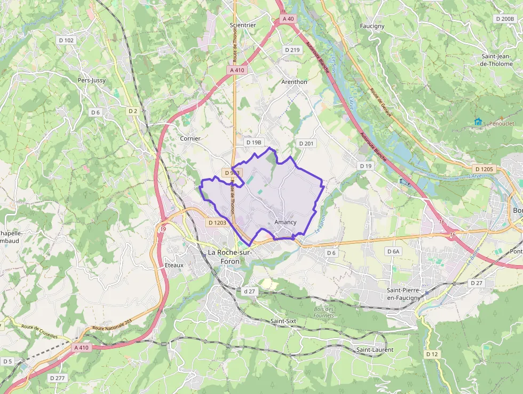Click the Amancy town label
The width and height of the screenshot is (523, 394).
coord(285,222)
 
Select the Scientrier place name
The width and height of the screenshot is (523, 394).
coord(243,25)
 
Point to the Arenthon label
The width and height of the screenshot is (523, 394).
coord(294,82)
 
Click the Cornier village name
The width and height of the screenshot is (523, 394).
coord(190,138)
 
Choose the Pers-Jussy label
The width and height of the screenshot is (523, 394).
coord(92,80)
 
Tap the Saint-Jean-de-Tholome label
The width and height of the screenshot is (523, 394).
coord(497,60)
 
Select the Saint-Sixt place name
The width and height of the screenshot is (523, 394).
coord(283,321)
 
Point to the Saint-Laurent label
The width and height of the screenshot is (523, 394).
coord(375,350)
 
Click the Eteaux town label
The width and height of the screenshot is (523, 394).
coord(175,265)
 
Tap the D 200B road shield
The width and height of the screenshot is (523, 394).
coord(504,19)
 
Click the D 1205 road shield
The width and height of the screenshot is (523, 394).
coord(484,169)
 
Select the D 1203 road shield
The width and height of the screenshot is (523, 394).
coord(217,222)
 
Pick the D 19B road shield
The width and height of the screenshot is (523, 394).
coord(254,143)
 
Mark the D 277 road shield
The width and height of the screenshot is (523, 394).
coord(57,378)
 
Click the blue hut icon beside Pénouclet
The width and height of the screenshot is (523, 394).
coord(478,122)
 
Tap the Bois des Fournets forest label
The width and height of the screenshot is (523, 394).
coord(324,312)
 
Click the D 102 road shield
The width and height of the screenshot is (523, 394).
coord(66,40)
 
